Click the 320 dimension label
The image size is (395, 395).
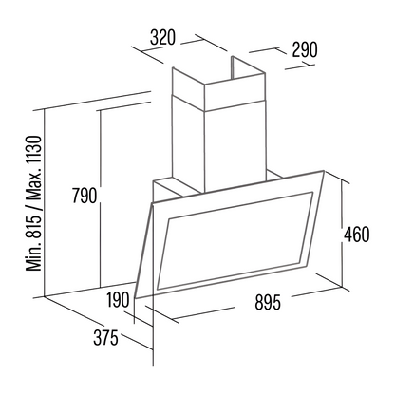coord(162,37)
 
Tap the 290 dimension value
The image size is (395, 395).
coord(304,49)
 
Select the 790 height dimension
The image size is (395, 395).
coord(85,196)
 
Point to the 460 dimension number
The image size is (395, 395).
coord(357,235)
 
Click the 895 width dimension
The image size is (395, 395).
coord(268,302)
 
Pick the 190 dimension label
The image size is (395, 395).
coord(118,299)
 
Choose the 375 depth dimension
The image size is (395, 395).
coord(105,337)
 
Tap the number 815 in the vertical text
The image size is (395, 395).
coord(34,225)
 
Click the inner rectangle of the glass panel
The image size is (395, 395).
coord(235,239)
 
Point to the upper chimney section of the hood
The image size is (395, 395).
coord(218,84)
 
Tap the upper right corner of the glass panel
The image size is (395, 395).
coord(324,171)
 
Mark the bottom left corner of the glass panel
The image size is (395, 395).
coord(135,298)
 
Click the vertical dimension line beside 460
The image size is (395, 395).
coord(343,234)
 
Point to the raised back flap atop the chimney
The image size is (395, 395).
coord(248,67)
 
